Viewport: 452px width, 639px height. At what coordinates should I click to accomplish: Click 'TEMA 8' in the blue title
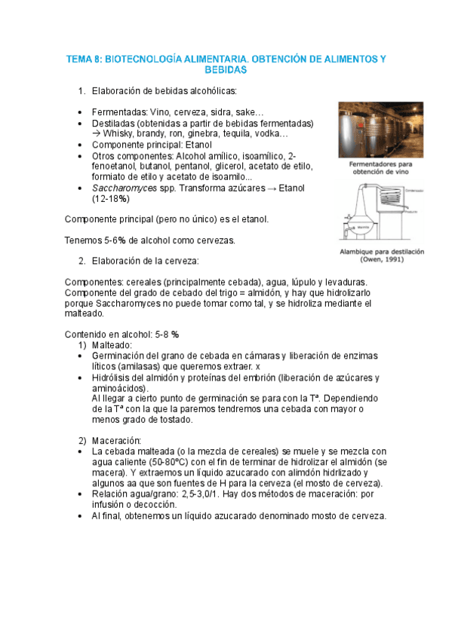[x=84, y=58]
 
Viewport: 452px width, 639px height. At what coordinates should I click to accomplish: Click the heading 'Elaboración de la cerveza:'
[x=145, y=261]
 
